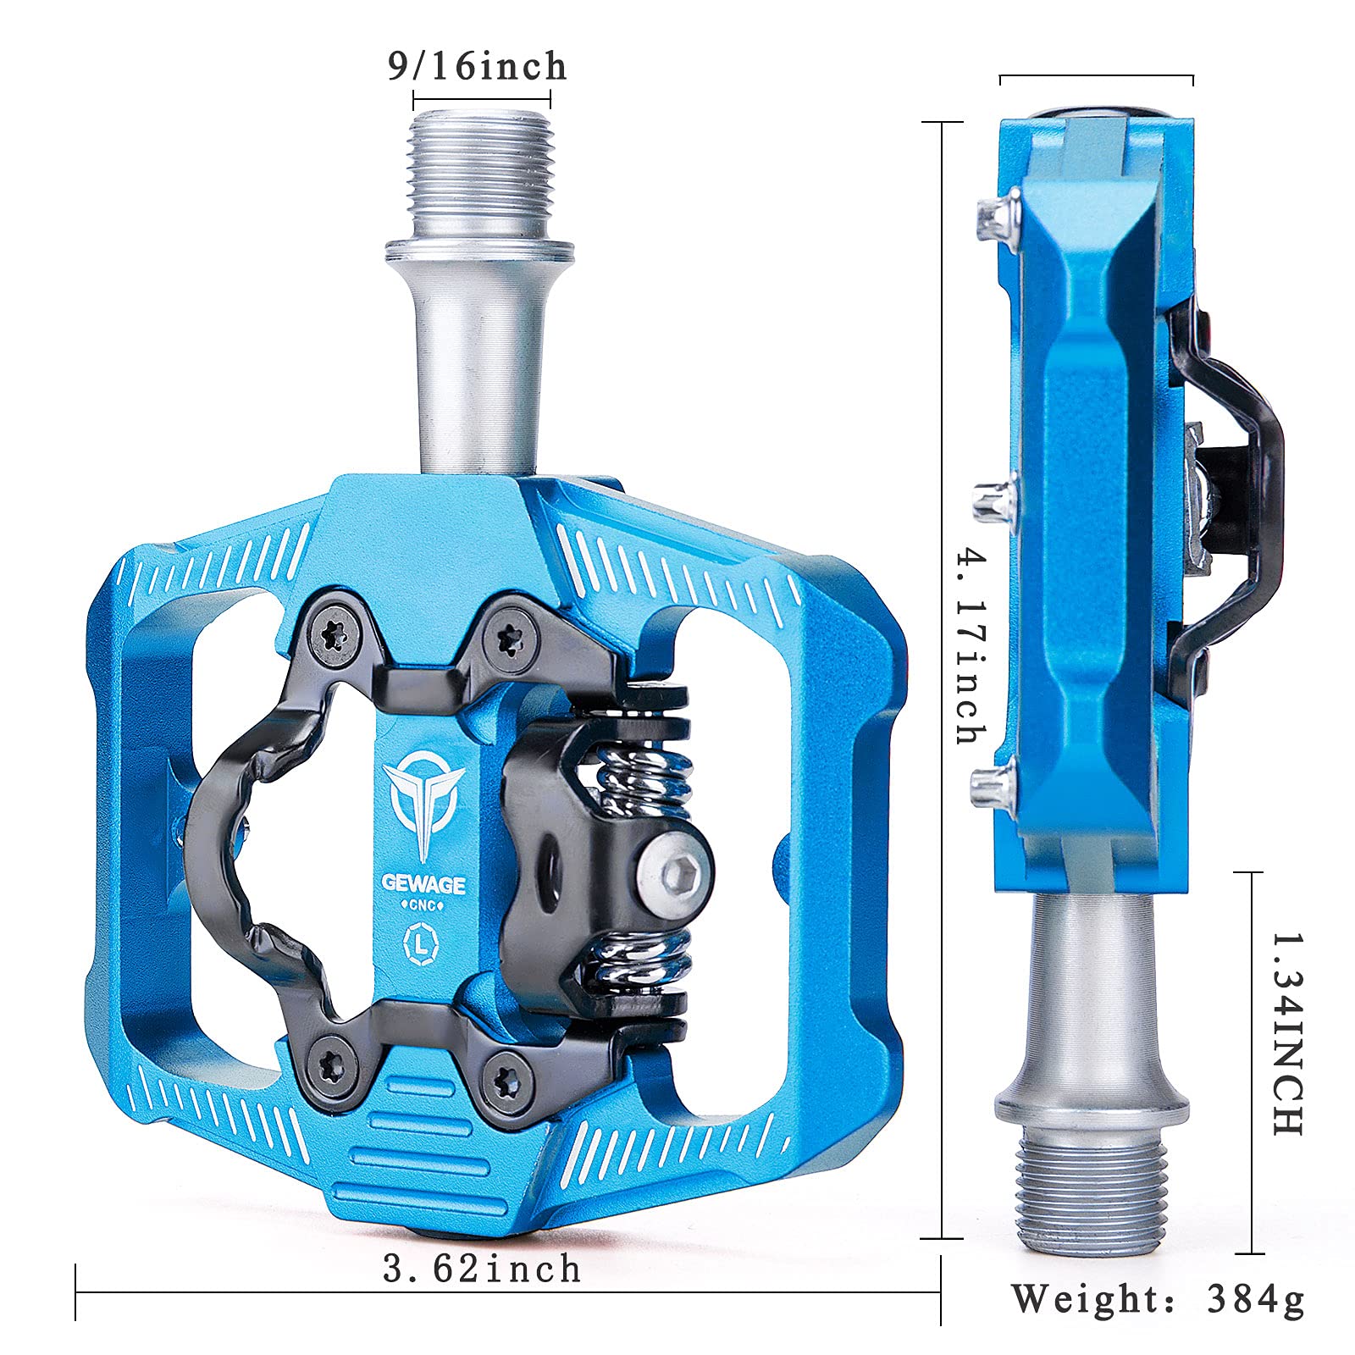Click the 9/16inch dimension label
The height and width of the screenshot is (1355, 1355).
click(477, 66)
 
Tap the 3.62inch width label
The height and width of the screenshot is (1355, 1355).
click(482, 1269)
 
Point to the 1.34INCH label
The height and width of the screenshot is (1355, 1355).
click(1286, 1033)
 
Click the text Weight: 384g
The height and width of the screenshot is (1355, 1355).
click(1157, 1298)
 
